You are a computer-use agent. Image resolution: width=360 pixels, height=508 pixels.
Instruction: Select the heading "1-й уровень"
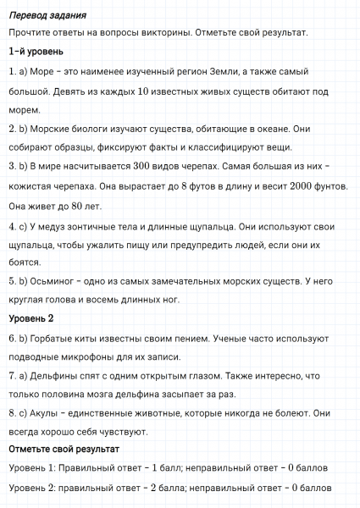click(35, 52)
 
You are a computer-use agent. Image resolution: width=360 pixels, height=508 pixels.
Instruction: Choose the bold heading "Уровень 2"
click(31, 318)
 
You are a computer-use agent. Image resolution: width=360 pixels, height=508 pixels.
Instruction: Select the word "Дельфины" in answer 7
click(57, 375)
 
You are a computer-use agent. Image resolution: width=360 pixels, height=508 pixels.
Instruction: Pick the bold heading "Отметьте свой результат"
click(64, 449)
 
